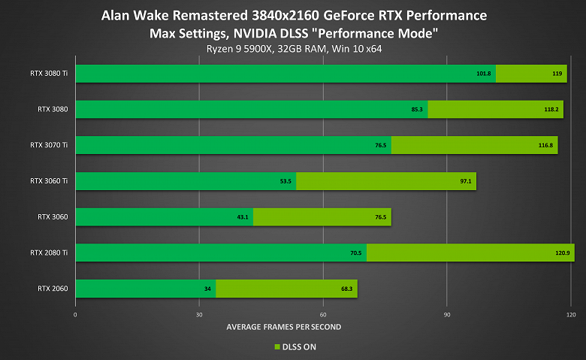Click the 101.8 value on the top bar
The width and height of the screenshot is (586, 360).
pyautogui.click(x=484, y=74)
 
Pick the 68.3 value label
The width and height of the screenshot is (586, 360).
pyautogui.click(x=345, y=289)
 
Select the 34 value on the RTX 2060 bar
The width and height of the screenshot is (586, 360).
pyautogui.click(x=208, y=289)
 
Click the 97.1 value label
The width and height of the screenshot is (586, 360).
pyautogui.click(x=464, y=181)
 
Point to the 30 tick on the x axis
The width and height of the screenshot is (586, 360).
pyautogui.click(x=199, y=314)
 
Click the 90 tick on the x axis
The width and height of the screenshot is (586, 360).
pyautogui.click(x=447, y=314)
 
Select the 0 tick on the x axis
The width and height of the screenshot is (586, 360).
pyautogui.click(x=75, y=314)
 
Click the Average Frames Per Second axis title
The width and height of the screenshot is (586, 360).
pyautogui.click(x=283, y=327)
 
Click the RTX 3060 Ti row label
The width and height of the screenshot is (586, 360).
pyautogui.click(x=49, y=181)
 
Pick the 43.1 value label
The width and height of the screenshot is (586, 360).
pyautogui.click(x=242, y=217)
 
